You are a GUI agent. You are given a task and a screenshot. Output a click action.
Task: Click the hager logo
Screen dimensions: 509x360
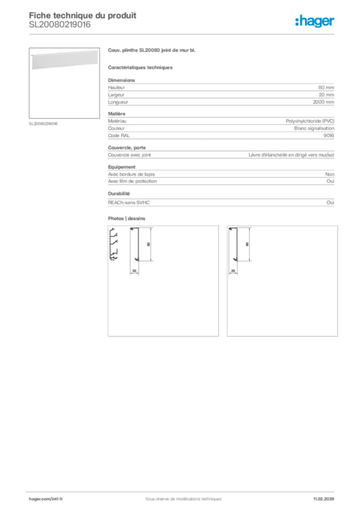(x=314, y=20)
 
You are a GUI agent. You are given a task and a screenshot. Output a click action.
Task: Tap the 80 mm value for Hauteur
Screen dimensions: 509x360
(x=326, y=87)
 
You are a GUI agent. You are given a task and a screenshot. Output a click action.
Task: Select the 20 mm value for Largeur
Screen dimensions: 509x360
(x=326, y=94)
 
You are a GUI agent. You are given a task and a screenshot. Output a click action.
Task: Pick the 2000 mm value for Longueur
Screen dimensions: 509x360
(x=323, y=102)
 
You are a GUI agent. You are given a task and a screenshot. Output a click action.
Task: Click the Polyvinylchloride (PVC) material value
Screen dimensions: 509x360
(x=310, y=121)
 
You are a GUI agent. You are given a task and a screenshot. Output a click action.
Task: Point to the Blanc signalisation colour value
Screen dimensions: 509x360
(x=314, y=128)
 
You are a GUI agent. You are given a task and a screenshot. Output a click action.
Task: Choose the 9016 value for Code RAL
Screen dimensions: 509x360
(x=329, y=135)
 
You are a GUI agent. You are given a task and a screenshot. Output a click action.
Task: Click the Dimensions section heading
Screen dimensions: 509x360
(x=121, y=80)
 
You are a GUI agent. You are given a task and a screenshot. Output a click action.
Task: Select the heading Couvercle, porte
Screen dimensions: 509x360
(x=127, y=148)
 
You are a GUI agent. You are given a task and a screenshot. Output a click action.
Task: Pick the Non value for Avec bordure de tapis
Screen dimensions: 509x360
(x=330, y=174)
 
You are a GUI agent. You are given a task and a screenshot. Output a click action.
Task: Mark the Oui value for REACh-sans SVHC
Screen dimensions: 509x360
(x=330, y=202)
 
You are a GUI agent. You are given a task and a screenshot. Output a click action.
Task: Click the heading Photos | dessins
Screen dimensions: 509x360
(x=127, y=218)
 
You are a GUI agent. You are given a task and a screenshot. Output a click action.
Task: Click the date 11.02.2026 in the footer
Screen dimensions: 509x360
(x=324, y=499)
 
